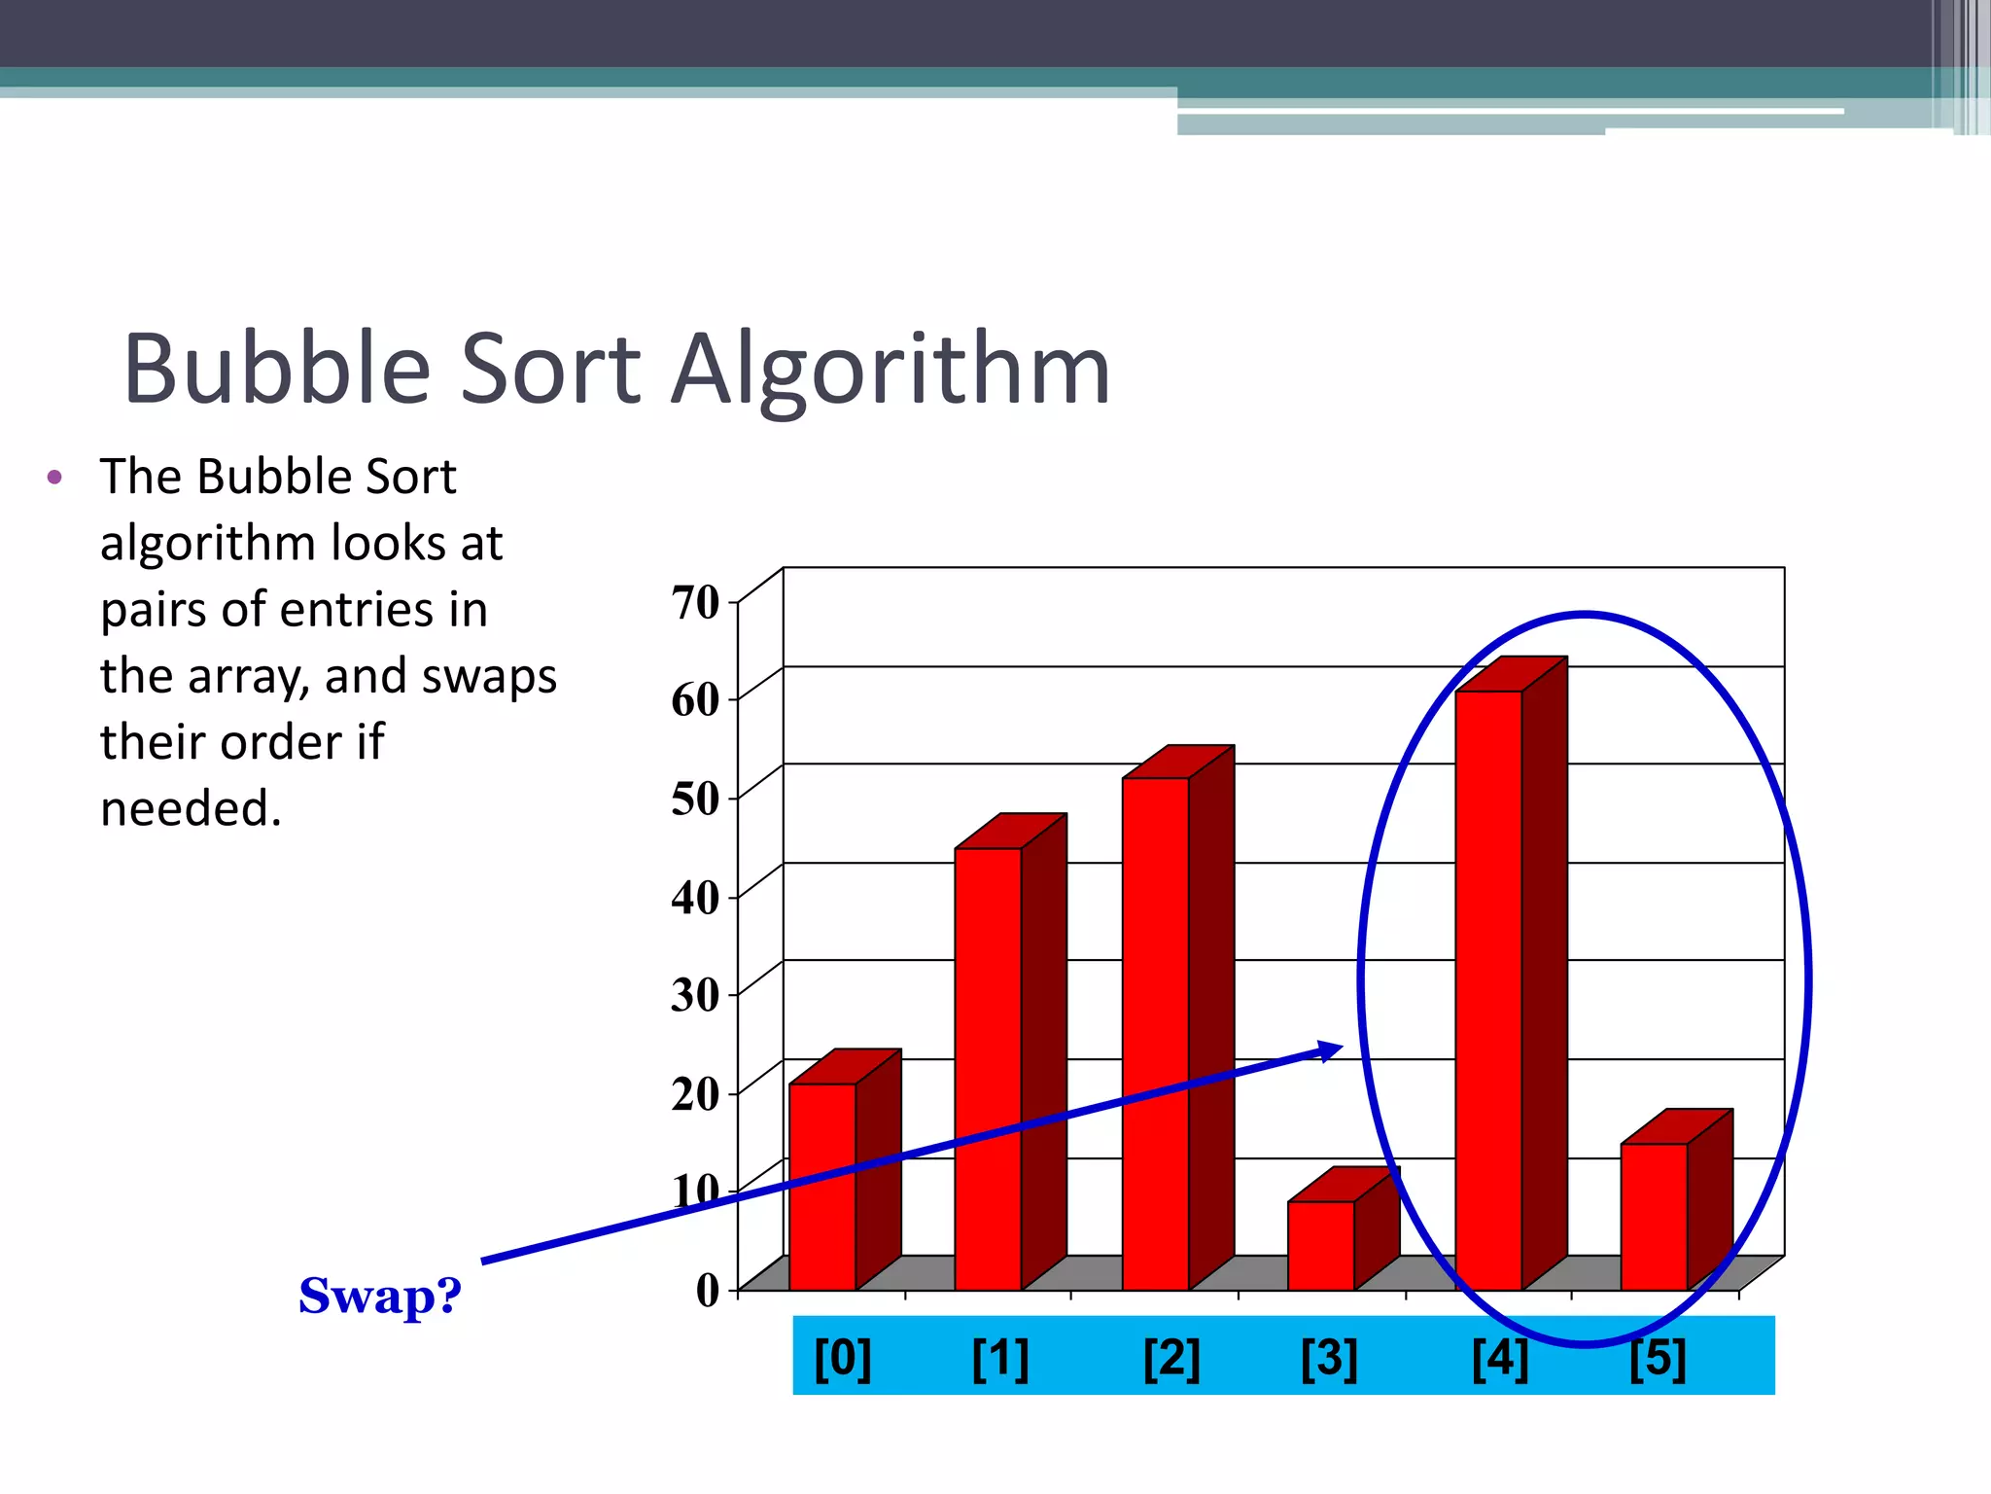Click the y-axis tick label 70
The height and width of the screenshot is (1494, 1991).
[x=695, y=602]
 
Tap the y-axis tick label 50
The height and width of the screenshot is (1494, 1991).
[x=695, y=799]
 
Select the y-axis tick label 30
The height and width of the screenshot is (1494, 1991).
[x=695, y=995]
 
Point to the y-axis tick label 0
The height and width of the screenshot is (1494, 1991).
[x=708, y=1291]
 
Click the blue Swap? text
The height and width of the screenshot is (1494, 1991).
[x=380, y=1296]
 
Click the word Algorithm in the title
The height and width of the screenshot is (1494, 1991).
[x=891, y=370]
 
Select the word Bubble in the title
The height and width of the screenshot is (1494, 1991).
[x=277, y=370]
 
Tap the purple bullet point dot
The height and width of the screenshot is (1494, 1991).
[x=54, y=477]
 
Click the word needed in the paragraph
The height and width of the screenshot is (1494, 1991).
[x=191, y=808]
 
